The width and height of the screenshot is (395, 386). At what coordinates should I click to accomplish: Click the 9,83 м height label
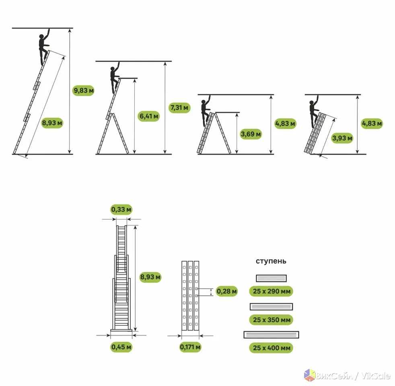[x=83, y=90]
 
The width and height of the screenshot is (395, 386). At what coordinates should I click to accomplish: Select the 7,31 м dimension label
[x=179, y=108]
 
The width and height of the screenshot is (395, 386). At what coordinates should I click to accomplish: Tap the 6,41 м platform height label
[x=149, y=116]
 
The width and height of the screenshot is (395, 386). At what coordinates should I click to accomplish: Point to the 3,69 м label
[x=251, y=134]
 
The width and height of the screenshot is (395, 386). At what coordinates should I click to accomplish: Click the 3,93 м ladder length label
[x=342, y=138]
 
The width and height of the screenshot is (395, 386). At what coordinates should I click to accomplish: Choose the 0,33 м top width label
[x=121, y=209]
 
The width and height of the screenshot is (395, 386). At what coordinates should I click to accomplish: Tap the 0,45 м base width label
[x=121, y=347]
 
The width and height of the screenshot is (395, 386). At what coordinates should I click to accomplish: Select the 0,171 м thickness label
[x=190, y=347]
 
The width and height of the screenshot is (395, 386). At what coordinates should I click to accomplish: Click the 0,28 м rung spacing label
[x=226, y=292]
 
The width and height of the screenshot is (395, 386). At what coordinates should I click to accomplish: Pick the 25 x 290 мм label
[x=271, y=292]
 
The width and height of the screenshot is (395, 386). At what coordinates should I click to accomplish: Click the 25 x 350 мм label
[x=271, y=320]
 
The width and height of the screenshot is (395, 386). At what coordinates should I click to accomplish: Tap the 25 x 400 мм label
[x=271, y=348]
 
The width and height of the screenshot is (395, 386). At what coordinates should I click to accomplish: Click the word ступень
[x=271, y=261]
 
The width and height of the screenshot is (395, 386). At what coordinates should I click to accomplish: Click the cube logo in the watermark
[x=310, y=375]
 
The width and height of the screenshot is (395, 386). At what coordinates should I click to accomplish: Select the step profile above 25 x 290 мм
[x=271, y=278]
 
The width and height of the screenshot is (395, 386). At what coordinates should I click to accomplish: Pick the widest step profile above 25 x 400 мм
[x=271, y=335]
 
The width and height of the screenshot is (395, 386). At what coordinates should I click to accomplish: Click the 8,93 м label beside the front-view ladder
[x=150, y=277]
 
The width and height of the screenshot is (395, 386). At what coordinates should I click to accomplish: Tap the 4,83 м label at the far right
[x=372, y=123]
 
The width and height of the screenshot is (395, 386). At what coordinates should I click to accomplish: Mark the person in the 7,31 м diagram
[x=115, y=78]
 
